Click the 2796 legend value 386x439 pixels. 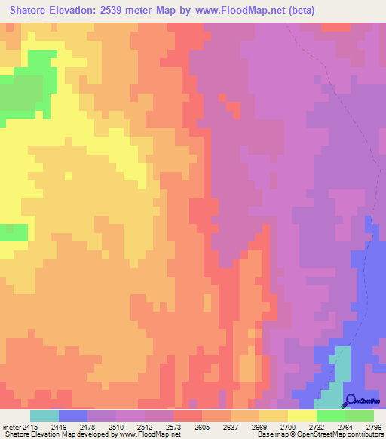pyautogui.click(x=373, y=426)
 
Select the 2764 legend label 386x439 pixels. pyautogui.click(x=345, y=426)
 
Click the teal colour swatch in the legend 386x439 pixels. pyautogui.click(x=44, y=416)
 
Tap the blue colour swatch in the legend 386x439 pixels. pyautogui.click(x=73, y=416)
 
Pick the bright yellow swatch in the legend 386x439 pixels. pyautogui.click(x=302, y=416)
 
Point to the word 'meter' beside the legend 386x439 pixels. pyautogui.click(x=10, y=426)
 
